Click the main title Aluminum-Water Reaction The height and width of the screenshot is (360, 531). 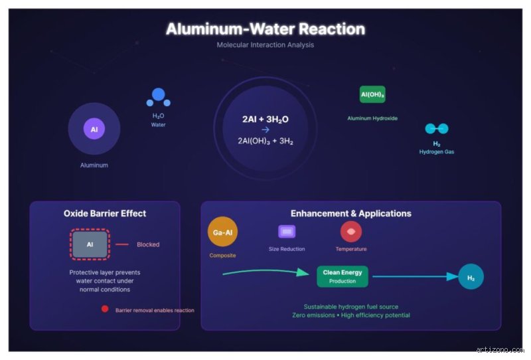tap(265, 29)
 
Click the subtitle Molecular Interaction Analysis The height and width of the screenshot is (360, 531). tap(265, 45)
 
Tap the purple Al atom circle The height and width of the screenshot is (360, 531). tap(94, 129)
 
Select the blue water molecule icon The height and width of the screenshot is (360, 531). tap(158, 97)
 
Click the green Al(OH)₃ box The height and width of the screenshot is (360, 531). tap(372, 94)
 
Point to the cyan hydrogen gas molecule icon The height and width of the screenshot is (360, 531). tap(437, 128)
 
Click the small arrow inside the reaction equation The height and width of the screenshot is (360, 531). tap(265, 130)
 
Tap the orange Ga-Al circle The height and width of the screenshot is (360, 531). tap(222, 232)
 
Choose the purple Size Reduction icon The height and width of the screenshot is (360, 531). tap(287, 232)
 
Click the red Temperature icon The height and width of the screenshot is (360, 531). tap(351, 232)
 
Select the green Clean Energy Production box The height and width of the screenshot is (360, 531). tap(342, 276)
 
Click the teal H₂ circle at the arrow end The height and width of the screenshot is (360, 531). tap(471, 276)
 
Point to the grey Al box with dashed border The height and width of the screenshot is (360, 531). tap(90, 244)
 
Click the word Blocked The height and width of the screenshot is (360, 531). tap(148, 244)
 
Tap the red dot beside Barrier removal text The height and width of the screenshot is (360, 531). tap(105, 309)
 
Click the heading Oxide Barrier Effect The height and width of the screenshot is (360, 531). tap(105, 213)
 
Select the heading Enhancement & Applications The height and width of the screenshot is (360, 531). tap(351, 213)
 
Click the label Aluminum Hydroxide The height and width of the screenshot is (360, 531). tap(372, 118)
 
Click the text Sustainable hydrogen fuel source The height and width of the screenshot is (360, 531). tap(351, 307)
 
